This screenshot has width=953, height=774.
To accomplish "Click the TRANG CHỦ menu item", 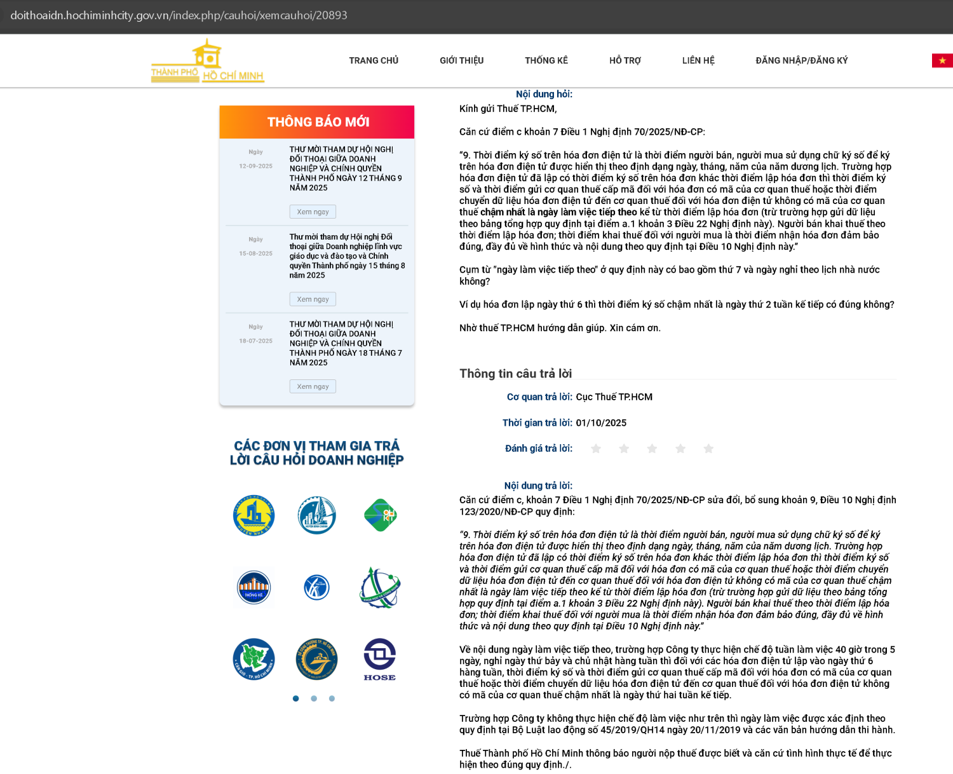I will tap(374, 60).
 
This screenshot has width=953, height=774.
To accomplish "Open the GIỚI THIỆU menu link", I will tap(461, 60).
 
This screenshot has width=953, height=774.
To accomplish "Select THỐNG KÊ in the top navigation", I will tap(546, 60).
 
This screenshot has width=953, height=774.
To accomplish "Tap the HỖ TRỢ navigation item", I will tap(625, 60).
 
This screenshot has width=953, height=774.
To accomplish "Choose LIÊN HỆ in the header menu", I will tap(698, 60).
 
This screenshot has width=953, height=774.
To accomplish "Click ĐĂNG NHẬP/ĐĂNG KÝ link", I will tap(801, 60).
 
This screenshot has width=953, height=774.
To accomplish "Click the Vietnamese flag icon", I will tap(942, 60).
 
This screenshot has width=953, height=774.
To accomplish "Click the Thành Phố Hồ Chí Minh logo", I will tap(207, 62).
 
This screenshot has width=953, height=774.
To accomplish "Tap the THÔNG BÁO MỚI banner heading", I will tap(318, 122).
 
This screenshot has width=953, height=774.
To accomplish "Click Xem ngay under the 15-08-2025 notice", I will tap(313, 299).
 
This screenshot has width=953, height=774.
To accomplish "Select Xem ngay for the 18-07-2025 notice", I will tap(313, 386).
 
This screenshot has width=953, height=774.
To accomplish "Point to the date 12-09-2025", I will tap(255, 166).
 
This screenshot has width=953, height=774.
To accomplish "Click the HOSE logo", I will tap(380, 660).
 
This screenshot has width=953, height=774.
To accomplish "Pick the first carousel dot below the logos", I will tap(295, 698).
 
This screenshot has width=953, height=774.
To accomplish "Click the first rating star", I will tap(596, 449).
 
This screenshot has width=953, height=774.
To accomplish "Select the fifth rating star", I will tap(708, 449).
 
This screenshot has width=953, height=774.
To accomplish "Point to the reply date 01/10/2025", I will tap(601, 423).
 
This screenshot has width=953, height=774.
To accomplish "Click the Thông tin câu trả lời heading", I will tap(515, 374).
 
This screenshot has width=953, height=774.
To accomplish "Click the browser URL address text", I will tap(179, 15).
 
